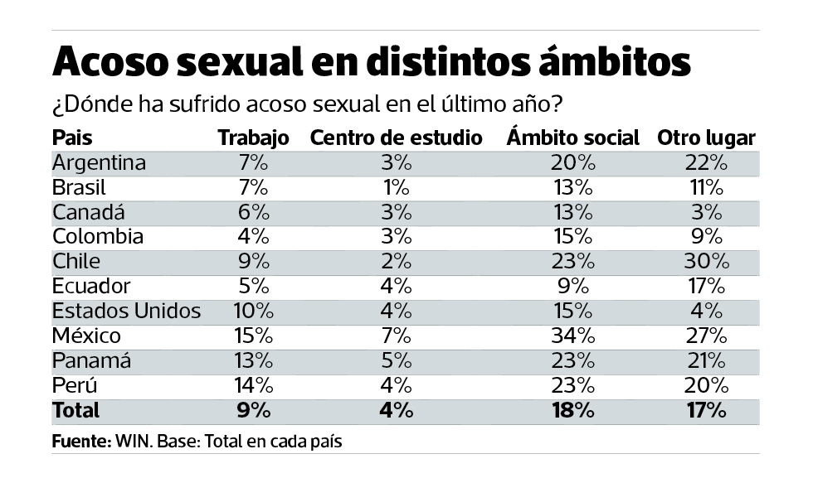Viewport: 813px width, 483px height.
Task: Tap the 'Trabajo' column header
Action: pos(253,138)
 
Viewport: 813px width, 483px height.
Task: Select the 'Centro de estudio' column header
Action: pos(396,138)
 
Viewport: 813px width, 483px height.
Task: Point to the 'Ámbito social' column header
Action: pos(572,138)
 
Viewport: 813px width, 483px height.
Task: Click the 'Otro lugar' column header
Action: pos(706,138)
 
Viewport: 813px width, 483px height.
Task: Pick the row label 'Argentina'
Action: pos(99,163)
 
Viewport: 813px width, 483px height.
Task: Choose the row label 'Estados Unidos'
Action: pos(126,312)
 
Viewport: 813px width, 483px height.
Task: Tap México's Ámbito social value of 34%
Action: pos(573,336)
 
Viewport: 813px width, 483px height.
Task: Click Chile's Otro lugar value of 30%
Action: pos(707,262)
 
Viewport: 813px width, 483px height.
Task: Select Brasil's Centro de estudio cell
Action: pos(396,187)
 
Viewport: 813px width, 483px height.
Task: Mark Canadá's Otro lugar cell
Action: pos(707,212)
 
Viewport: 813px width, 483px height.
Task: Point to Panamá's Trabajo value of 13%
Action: pos(253,361)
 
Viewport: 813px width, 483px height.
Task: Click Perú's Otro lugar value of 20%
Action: pos(707,385)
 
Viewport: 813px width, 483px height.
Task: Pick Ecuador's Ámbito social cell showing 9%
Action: pos(573,287)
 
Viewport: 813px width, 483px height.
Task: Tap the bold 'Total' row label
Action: pos(75,410)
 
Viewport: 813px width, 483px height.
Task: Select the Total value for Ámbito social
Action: pos(573,410)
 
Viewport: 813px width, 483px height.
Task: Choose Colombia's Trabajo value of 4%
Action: pos(253,237)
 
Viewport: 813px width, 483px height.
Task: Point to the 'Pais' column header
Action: pos(72,138)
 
